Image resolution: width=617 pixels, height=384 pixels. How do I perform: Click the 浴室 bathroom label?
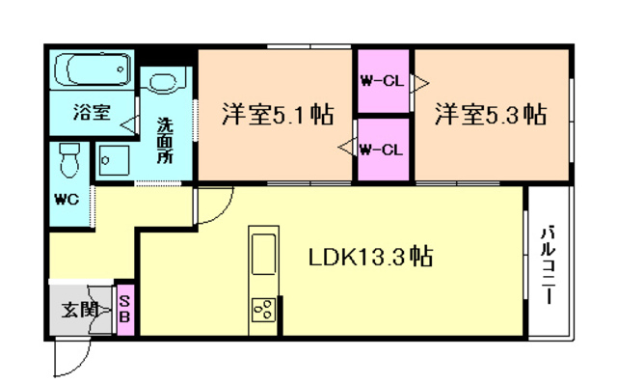92,112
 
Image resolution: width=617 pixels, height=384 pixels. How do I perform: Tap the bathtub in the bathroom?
93,69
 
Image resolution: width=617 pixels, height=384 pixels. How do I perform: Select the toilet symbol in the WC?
69,160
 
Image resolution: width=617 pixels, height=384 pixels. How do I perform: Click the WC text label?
67,200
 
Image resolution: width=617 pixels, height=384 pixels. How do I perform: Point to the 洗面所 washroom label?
165,141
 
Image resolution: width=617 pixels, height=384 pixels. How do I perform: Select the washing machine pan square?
114,160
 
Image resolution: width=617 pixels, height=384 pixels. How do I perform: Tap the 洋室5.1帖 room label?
278,114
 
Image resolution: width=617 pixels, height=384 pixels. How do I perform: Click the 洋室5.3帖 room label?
491,114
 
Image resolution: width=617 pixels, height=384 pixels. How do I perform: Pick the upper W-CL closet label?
383,81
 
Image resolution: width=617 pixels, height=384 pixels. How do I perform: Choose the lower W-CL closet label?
382,150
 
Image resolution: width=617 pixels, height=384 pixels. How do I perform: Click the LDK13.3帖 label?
370,257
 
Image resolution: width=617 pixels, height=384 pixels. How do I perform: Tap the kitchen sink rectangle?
263,254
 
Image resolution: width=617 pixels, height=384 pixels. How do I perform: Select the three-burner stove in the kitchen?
263,310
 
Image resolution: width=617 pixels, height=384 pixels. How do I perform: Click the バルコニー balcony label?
548,264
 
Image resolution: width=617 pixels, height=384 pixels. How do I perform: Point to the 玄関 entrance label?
80,310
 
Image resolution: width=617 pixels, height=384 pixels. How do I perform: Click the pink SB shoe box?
125,310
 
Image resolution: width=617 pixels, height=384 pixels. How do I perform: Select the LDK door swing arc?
224,213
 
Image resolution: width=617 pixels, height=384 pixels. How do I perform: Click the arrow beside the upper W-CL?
420,83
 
